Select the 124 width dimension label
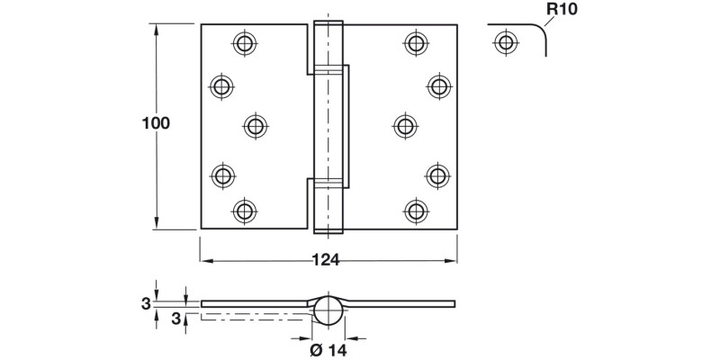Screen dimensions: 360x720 point(326,260)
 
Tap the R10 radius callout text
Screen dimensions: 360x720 point(562,11)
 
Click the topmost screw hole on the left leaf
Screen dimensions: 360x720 point(244,41)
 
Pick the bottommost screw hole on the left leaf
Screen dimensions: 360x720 point(244,211)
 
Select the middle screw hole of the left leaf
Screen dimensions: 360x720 point(256,126)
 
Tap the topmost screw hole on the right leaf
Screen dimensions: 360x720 point(415,41)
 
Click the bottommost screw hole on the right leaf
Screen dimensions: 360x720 point(415,211)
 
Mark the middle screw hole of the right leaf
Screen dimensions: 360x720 point(403,126)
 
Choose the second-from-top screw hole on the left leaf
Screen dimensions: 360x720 point(220,85)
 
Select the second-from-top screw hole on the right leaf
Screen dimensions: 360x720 point(438,85)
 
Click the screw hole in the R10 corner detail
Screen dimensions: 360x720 point(507,41)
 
